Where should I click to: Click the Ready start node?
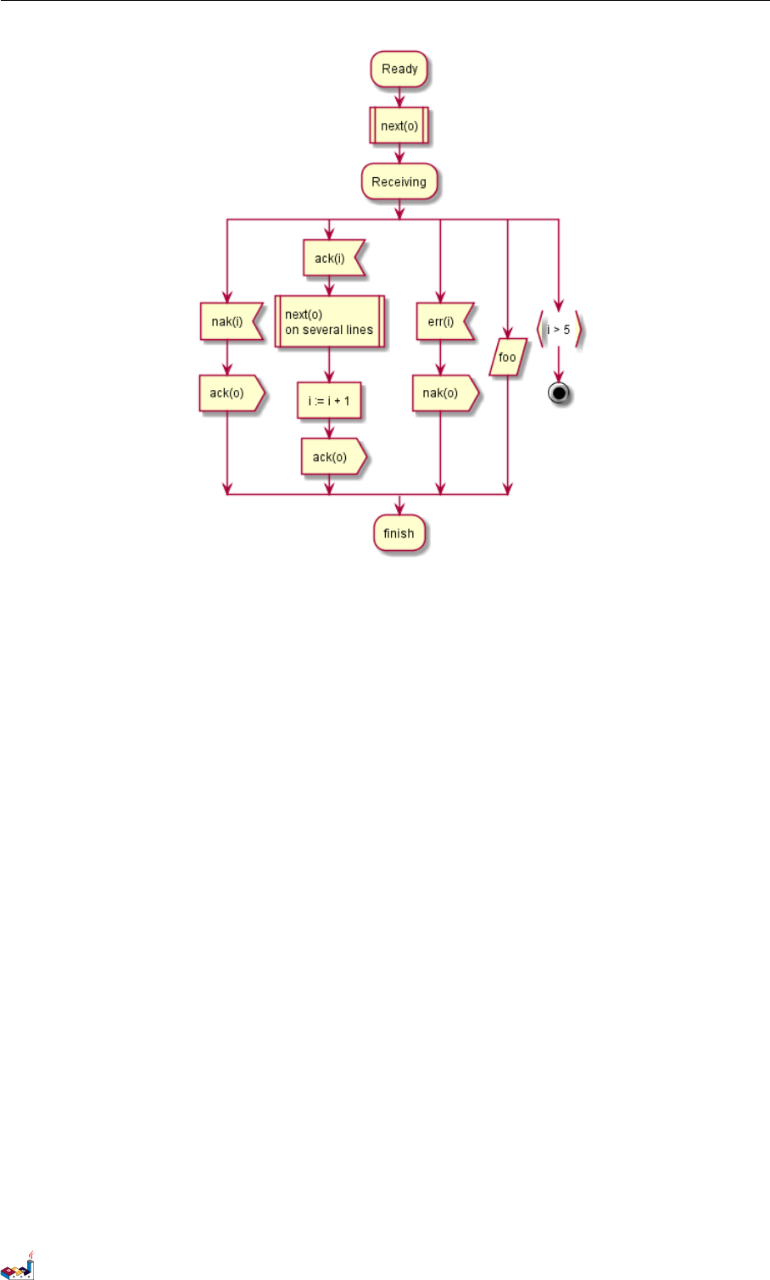click(399, 70)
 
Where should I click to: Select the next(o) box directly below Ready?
click(399, 126)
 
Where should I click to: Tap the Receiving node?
click(399, 182)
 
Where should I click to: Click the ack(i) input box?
click(331, 259)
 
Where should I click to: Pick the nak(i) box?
click(228, 321)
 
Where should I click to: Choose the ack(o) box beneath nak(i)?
click(228, 393)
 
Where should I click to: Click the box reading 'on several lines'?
click(330, 322)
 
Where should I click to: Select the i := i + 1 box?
click(329, 401)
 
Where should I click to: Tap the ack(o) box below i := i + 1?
click(331, 457)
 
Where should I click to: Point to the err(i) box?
click(442, 321)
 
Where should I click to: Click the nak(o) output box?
click(442, 393)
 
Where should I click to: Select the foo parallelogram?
click(507, 357)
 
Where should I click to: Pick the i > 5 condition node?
click(559, 329)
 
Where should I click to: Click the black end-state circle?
click(559, 394)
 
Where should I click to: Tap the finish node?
click(399, 534)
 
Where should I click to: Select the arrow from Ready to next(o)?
click(399, 97)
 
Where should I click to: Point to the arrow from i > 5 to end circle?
click(559, 365)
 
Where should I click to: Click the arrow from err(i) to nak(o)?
click(441, 358)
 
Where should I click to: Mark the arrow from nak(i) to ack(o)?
click(227, 358)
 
